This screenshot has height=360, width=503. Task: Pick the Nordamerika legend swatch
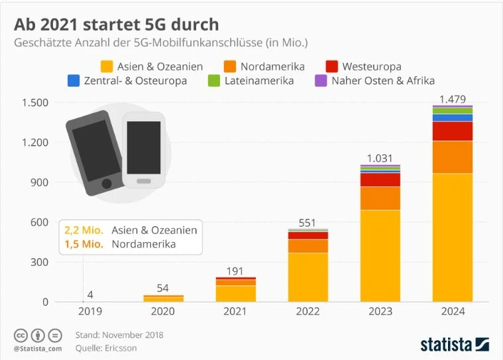click(x=229, y=66)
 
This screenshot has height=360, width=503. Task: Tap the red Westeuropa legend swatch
click(x=332, y=66)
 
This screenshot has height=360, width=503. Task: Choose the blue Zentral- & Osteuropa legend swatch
click(x=74, y=81)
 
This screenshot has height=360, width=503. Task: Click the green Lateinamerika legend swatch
click(x=214, y=81)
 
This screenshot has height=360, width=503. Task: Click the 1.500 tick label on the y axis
click(x=35, y=103)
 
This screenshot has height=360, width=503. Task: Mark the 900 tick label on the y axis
click(x=40, y=182)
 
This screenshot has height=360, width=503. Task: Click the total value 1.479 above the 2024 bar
click(x=453, y=99)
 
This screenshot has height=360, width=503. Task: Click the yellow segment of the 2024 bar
click(x=453, y=237)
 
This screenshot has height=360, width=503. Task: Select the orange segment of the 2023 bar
click(x=380, y=198)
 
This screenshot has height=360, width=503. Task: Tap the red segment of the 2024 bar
click(x=453, y=131)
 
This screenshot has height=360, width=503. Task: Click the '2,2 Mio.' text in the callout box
click(x=84, y=230)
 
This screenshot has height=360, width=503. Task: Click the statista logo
click(x=455, y=343)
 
